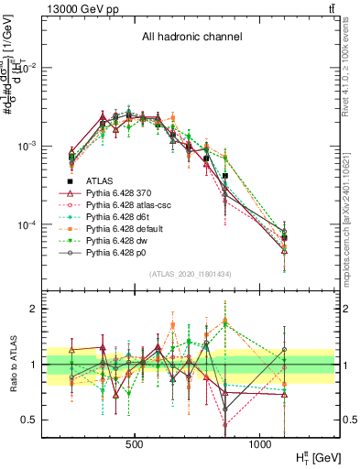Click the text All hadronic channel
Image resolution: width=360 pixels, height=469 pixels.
point(191,38)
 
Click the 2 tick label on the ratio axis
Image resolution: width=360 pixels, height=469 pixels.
point(34,310)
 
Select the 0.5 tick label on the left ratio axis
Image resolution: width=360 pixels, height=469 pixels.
point(30,420)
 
